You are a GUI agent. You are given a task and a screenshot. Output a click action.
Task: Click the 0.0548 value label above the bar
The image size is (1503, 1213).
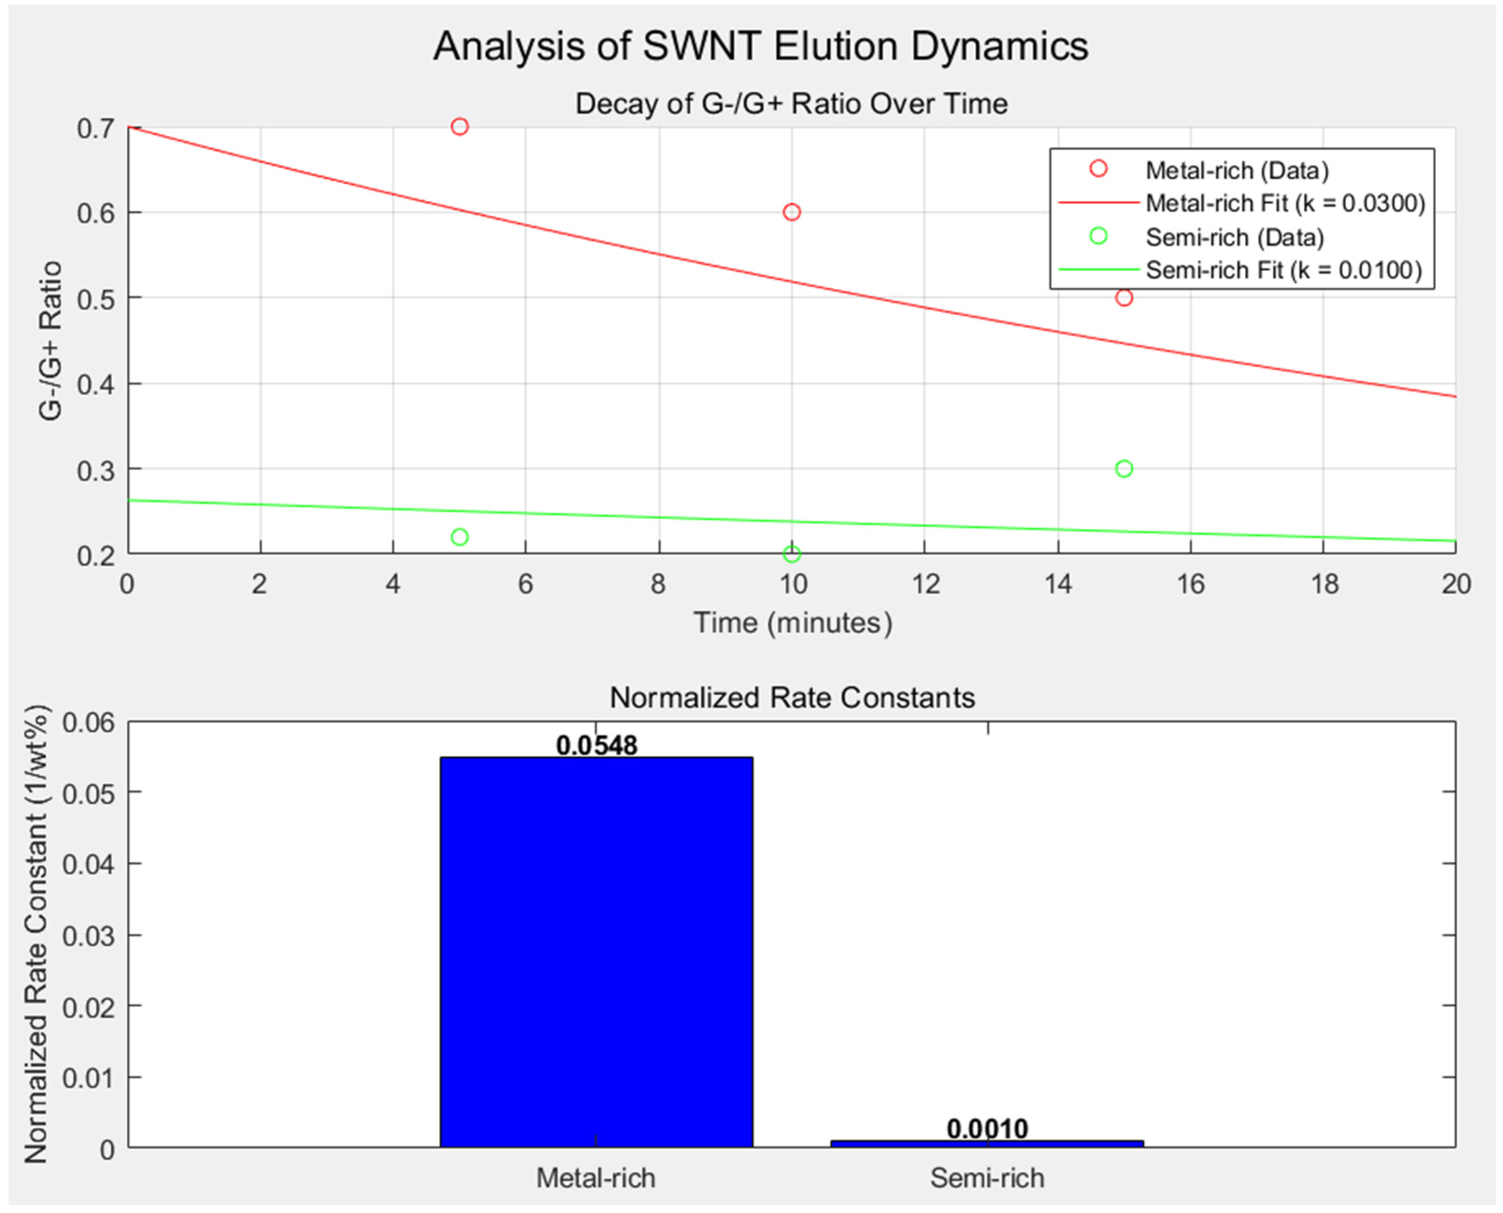coord(596,745)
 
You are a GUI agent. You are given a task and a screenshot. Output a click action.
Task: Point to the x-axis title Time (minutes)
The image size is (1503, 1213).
coord(793,623)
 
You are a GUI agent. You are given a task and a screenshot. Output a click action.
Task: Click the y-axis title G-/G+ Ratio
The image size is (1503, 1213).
coord(50,341)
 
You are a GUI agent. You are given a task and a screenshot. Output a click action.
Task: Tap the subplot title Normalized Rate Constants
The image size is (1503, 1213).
coord(792,697)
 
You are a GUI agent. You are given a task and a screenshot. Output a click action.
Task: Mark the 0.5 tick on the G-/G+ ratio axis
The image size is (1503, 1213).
coord(96,298)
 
